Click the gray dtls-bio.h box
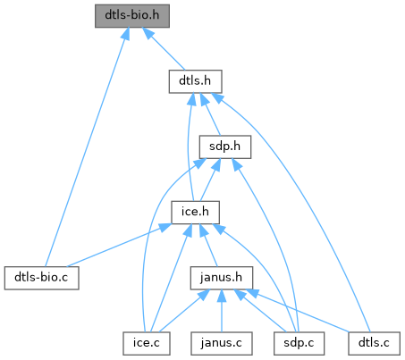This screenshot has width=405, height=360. (132, 16)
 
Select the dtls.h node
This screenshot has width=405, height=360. (195, 81)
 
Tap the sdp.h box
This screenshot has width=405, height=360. (225, 147)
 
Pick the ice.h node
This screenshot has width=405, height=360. (195, 213)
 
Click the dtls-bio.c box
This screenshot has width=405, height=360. (42, 278)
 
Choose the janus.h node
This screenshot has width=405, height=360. (222, 278)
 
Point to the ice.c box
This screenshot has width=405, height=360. (147, 344)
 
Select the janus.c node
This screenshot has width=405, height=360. (222, 344)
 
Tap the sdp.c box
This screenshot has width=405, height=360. (299, 344)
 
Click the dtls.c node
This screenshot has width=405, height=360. (374, 344)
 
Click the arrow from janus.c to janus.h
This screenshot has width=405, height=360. (222, 311)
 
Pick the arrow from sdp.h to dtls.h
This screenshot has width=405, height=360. (210, 114)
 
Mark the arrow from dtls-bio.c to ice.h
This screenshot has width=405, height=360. (119, 246)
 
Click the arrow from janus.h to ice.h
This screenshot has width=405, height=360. (208, 246)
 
